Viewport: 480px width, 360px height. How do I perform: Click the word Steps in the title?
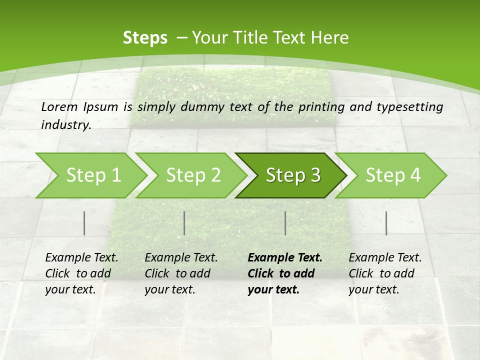[145, 38]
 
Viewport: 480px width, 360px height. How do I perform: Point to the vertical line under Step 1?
[84, 223]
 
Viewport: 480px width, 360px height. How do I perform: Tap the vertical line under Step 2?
[184, 223]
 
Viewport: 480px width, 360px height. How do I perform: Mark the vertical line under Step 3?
[285, 223]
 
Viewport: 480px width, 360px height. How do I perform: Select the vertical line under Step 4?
[386, 223]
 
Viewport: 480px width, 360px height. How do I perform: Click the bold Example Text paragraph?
[284, 273]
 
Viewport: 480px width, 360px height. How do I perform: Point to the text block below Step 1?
[81, 273]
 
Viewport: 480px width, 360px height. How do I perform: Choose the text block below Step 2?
[181, 273]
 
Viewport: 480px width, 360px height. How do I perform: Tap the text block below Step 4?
[385, 273]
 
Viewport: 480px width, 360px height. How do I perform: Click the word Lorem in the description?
[59, 106]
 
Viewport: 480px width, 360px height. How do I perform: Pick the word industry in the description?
[65, 124]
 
